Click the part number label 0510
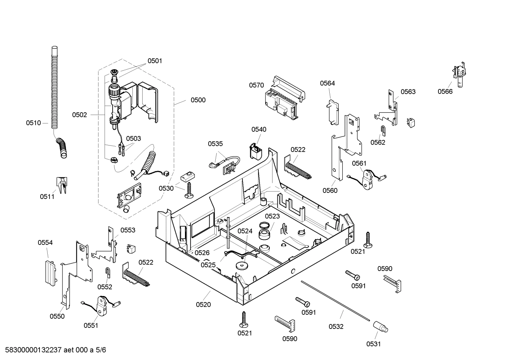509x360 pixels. [33, 123]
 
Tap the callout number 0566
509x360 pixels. [445, 92]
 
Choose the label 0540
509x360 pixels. [259, 129]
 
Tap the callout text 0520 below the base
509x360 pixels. [203, 304]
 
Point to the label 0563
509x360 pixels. [408, 92]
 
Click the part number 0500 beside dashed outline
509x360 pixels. [198, 100]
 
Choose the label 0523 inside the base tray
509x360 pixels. [272, 216]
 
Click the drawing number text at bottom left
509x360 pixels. [53, 350]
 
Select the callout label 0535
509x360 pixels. [215, 144]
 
